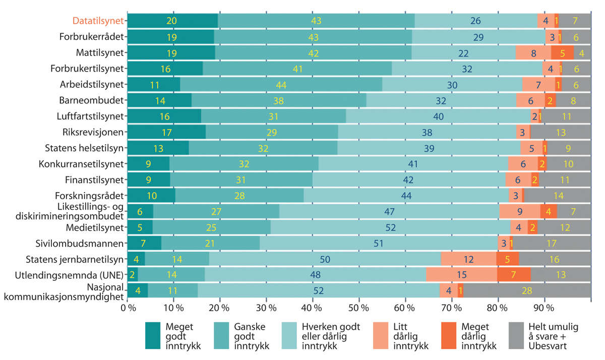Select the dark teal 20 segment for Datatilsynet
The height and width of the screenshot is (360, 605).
click(172, 21)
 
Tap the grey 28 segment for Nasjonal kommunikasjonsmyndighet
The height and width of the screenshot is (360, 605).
click(527, 291)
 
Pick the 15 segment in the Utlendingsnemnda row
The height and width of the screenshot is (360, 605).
click(461, 275)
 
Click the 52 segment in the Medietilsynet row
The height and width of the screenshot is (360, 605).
click(391, 228)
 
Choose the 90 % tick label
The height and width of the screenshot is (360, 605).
click(544, 308)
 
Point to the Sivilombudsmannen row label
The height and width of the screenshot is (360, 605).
click(90, 244)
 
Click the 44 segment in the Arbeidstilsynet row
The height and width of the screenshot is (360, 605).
click(281, 84)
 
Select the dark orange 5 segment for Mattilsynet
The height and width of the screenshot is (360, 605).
click(562, 52)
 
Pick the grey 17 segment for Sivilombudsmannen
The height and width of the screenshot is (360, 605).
click(552, 244)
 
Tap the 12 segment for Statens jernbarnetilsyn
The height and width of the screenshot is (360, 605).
click(469, 260)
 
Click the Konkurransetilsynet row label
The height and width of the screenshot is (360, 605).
click(81, 164)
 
